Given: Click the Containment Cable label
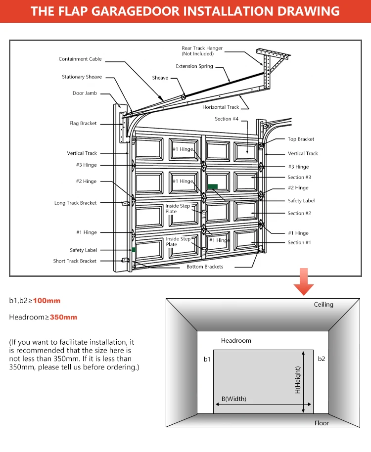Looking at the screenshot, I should click(x=80, y=59).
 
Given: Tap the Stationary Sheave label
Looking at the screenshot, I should click(x=82, y=77).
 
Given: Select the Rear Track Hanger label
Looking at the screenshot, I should click(x=202, y=51).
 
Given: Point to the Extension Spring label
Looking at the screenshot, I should click(x=194, y=66).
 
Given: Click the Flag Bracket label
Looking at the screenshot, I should click(x=83, y=124).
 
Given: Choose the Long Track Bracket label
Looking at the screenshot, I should click(x=75, y=203).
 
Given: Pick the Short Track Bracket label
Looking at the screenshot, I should click(x=75, y=261).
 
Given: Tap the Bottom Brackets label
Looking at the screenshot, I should click(x=205, y=267).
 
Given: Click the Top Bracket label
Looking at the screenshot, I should click(x=301, y=139).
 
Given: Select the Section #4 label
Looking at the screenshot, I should click(x=227, y=119).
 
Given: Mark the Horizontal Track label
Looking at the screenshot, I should click(x=221, y=107).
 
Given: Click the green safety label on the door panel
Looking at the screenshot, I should click(x=213, y=186).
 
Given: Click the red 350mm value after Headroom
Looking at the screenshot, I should click(x=63, y=317).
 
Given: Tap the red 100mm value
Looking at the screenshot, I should click(x=46, y=301).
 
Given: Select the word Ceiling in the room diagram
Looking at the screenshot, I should click(x=324, y=305).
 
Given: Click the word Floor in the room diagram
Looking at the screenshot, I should click(x=322, y=423).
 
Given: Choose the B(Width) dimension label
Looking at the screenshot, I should click(x=233, y=399).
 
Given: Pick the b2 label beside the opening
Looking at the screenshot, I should click(x=322, y=359).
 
